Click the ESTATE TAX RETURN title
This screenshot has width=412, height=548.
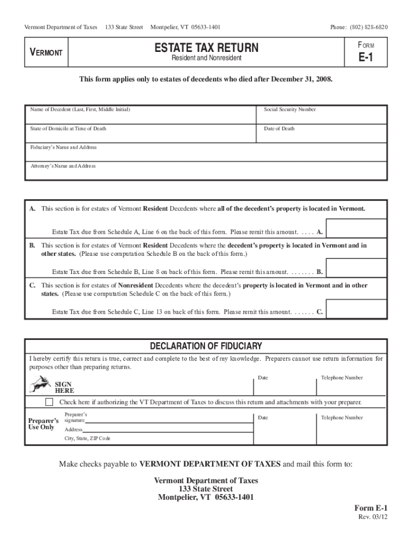[x=206, y=48]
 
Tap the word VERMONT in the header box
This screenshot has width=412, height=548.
[x=46, y=52]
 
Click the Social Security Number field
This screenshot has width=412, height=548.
[x=323, y=115]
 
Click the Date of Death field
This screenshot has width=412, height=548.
[x=323, y=134]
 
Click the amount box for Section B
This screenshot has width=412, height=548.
[x=356, y=268]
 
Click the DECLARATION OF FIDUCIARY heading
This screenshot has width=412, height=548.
[x=206, y=346]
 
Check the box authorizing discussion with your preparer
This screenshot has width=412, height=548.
[x=50, y=402]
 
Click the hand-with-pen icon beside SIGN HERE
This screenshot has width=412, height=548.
[x=40, y=383]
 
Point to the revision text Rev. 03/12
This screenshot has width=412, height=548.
[x=372, y=517]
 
